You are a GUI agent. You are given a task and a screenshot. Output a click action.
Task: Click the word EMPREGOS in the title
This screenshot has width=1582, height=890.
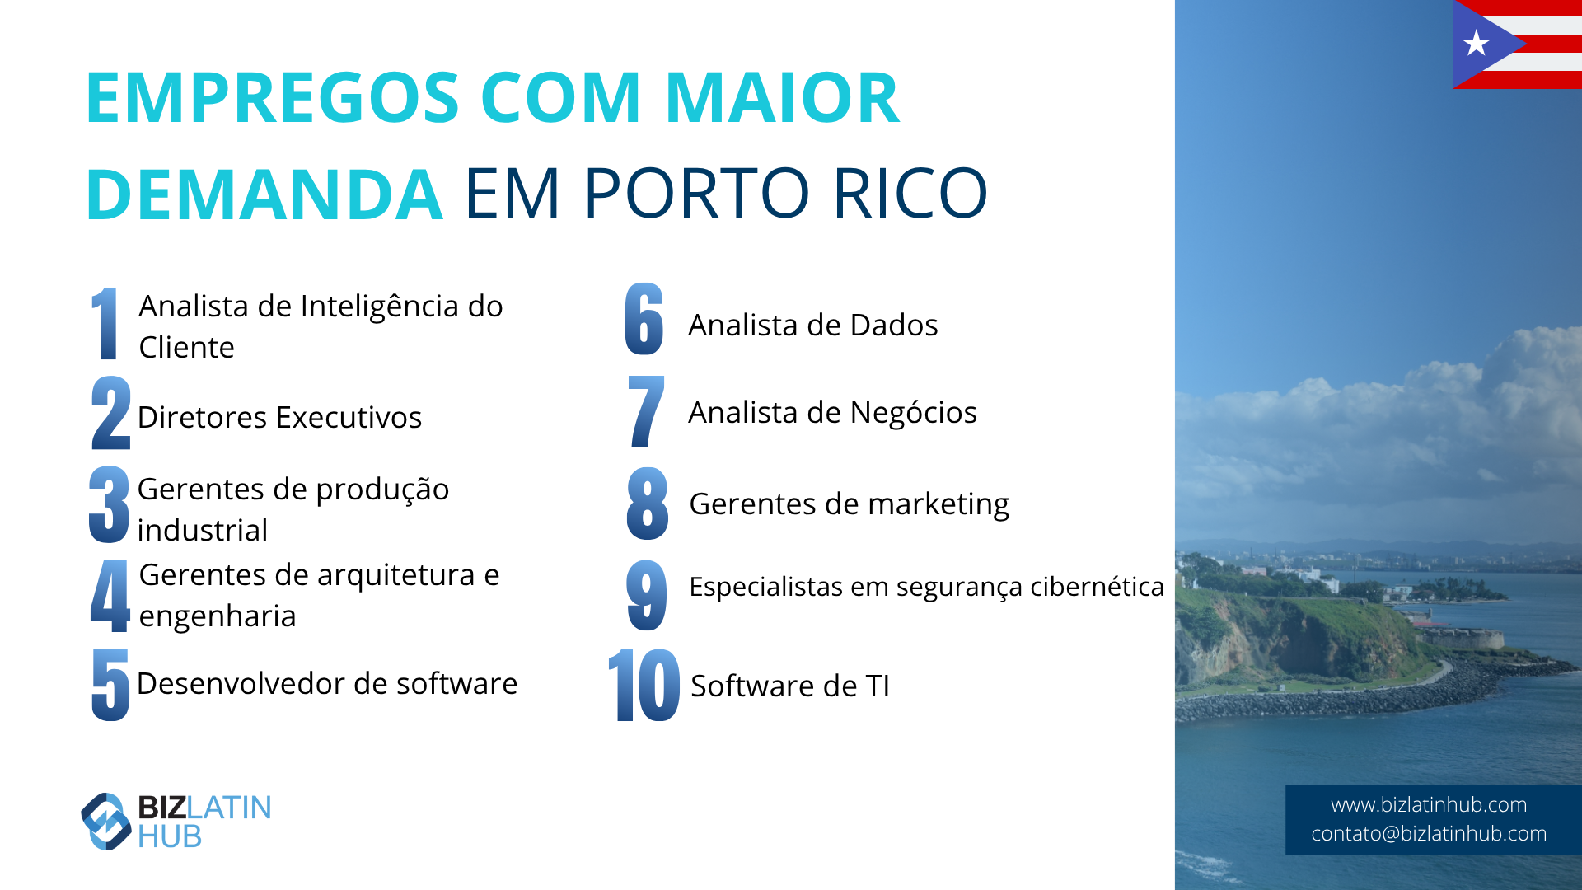273,98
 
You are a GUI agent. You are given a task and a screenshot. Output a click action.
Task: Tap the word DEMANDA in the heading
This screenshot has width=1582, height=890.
264,194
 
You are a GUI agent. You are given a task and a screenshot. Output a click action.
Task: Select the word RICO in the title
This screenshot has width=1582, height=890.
910,194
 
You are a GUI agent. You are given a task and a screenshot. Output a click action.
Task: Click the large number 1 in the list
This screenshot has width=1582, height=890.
104,323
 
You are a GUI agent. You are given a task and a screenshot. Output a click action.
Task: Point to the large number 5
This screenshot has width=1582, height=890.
110,684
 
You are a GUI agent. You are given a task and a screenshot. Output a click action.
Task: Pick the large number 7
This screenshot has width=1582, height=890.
646,411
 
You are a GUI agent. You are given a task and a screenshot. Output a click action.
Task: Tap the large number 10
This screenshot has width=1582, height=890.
644,685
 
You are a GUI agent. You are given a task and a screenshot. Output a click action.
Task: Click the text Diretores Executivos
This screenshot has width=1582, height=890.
279,417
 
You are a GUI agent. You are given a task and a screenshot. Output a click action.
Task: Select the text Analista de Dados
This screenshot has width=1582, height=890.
813,325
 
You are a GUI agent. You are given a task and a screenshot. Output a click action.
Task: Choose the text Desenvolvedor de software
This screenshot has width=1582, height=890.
327,683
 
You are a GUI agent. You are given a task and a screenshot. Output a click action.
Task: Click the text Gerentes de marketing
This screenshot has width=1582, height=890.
849,504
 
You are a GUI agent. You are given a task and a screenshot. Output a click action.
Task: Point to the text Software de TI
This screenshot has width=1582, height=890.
790,686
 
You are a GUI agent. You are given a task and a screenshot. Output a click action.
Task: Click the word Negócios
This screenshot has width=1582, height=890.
915,412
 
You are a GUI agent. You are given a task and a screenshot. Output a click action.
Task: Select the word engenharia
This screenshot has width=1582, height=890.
218,616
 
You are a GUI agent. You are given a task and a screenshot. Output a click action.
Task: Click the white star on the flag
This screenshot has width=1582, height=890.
1477,43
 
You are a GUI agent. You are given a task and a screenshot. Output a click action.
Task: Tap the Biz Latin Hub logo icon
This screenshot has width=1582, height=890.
106,821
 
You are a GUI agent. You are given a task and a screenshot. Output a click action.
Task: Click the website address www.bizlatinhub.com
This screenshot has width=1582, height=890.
1429,804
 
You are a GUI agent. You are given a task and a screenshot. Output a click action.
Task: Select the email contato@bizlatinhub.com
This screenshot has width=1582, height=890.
1429,833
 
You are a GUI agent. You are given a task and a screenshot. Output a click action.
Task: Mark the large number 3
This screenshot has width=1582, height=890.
110,504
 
